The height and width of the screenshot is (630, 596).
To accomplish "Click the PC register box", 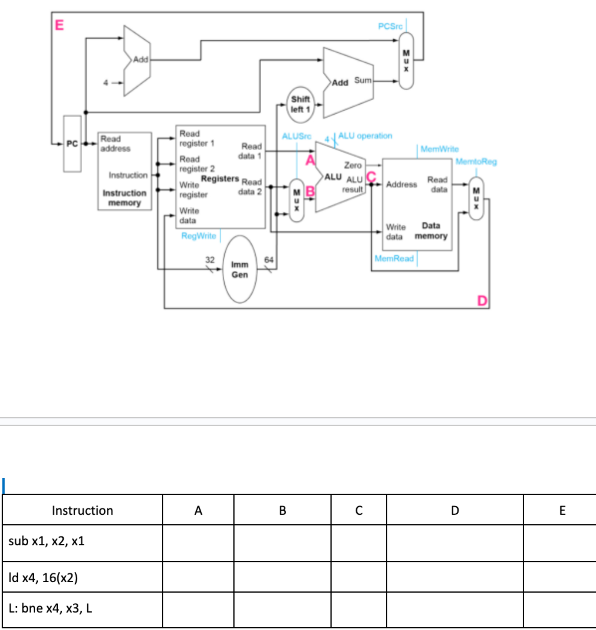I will pyautogui.click(x=72, y=144).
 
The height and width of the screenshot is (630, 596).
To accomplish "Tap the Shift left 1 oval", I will pyautogui.click(x=300, y=104).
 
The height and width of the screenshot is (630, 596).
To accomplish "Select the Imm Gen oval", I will pyautogui.click(x=240, y=269).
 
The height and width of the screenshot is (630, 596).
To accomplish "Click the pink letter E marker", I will pyautogui.click(x=59, y=25).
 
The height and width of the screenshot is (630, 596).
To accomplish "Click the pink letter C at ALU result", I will pyautogui.click(x=371, y=177).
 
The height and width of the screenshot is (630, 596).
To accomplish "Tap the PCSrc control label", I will pyautogui.click(x=390, y=26).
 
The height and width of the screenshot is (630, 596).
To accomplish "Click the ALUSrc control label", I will pyautogui.click(x=297, y=136).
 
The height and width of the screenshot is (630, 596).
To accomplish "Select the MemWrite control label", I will pyautogui.click(x=439, y=149).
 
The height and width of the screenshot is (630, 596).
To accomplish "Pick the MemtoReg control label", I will pyautogui.click(x=476, y=162).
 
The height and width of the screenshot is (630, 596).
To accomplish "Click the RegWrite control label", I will pyautogui.click(x=199, y=236).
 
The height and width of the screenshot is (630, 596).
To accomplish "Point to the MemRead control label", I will pyautogui.click(x=394, y=259).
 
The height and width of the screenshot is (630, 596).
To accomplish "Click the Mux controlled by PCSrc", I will pyautogui.click(x=406, y=61).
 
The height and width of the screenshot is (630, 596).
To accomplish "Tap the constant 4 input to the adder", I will pyautogui.click(x=106, y=83).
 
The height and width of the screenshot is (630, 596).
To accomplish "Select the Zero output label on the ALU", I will pyautogui.click(x=353, y=165).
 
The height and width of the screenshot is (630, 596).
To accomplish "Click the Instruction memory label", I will pyautogui.click(x=125, y=198).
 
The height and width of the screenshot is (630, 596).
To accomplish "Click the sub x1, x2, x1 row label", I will pyautogui.click(x=47, y=541).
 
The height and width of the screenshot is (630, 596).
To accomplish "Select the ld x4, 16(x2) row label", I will pyautogui.click(x=43, y=578).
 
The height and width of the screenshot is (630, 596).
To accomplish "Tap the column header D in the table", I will pyautogui.click(x=455, y=511).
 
